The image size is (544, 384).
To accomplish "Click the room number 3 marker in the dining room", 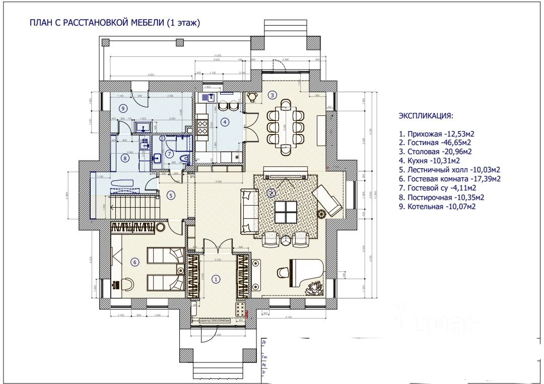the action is click(273, 94).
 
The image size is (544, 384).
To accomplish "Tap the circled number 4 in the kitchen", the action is click(225, 121).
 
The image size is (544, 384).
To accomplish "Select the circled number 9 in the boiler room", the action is click(122, 108).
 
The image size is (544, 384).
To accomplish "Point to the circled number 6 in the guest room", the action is click(134, 261).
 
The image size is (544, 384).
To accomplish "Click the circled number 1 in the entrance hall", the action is click(216, 279).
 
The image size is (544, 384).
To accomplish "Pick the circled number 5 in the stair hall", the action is click(171, 196).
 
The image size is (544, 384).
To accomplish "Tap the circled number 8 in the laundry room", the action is click(125, 158).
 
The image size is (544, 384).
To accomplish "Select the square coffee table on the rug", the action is click(285, 211).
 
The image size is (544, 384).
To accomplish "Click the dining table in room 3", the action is click(286, 126).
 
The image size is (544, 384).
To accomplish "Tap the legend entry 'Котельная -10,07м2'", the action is click(437, 206).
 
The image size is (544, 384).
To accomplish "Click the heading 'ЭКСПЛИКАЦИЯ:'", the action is click(426, 116).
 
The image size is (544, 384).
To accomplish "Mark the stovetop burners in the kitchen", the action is click(202, 125).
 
